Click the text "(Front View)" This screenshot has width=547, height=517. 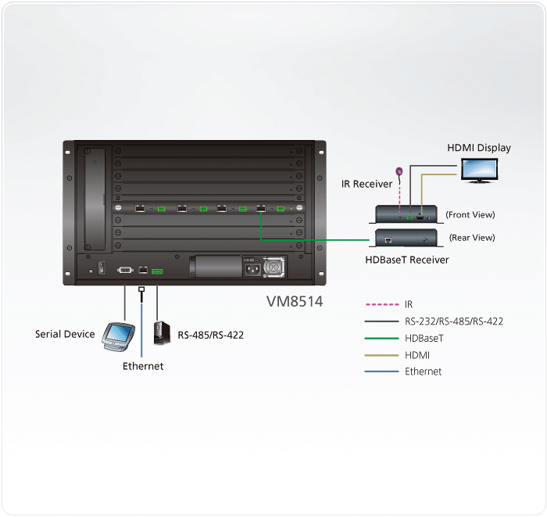[470, 214]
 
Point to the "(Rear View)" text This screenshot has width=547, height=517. [472, 238]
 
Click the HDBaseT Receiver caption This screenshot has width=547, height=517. [407, 259]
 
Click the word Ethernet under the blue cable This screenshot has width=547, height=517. [143, 366]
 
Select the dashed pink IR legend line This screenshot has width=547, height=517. [381, 304]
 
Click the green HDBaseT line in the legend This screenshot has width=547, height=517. [381, 338]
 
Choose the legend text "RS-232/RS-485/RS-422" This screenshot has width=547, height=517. [453, 321]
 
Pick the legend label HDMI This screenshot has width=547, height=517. [417, 355]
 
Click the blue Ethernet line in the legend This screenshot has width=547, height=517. [381, 372]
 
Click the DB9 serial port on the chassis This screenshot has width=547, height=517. [125, 270]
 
